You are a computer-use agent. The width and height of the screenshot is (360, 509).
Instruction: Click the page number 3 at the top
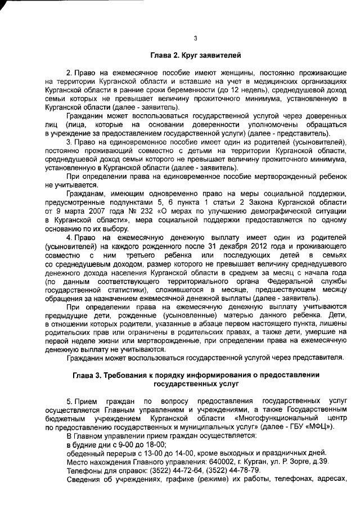coord(195,39)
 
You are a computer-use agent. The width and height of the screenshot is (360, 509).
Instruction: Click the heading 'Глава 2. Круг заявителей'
coord(195,56)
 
